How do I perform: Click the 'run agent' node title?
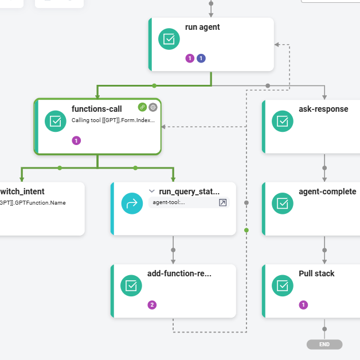tap(202, 27)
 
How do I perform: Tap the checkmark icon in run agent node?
tap(169, 39)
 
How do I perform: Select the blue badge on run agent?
tap(201, 58)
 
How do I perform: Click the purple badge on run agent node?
tap(190, 58)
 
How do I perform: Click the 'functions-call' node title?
tap(96, 109)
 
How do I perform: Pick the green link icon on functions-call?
tap(142, 107)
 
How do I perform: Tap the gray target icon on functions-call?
tap(153, 107)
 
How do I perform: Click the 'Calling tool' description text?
tap(113, 121)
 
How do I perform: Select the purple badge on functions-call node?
tap(76, 140)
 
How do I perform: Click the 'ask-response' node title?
tap(323, 109)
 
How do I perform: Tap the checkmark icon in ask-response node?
tap(282, 121)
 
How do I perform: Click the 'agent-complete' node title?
tap(327, 191)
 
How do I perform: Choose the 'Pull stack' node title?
tap(316, 273)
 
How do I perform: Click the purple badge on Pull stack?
tap(303, 305)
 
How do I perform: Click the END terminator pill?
tap(324, 345)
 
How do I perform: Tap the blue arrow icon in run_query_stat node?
tap(132, 203)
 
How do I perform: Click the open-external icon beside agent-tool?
tap(223, 202)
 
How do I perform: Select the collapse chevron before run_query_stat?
tap(151, 191)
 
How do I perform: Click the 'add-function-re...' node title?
tap(179, 273)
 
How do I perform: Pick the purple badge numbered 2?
tap(152, 305)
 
